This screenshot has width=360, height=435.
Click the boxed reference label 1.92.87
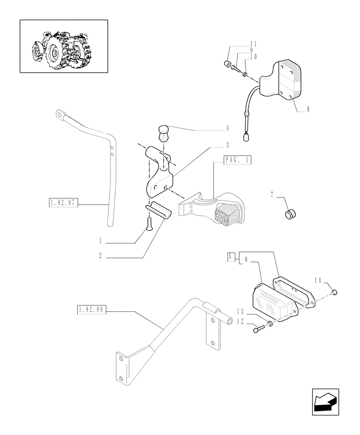point(63,202)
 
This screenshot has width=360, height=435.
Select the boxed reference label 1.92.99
point(92,310)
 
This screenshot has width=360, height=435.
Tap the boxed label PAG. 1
point(237,160)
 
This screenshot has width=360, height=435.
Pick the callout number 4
point(227,128)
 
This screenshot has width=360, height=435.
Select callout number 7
point(272,195)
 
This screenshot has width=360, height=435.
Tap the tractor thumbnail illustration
point(63,46)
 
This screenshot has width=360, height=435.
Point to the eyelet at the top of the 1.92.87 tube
point(59,115)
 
